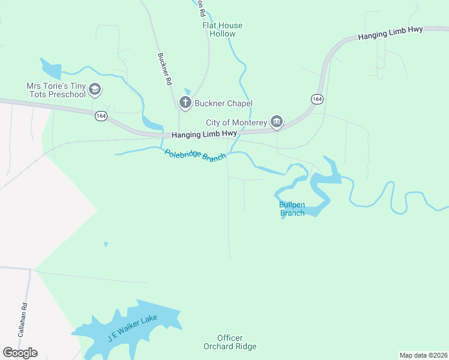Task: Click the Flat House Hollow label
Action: click(x=222, y=29)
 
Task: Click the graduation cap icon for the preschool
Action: click(x=94, y=90)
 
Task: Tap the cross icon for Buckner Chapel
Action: click(x=185, y=103)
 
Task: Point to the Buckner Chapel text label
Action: click(x=223, y=103)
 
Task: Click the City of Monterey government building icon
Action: click(x=276, y=122)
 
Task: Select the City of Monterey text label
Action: click(x=237, y=122)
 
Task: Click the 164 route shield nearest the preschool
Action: click(x=101, y=116)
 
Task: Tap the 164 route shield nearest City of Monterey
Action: click(x=317, y=98)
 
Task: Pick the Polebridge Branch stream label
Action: click(x=195, y=155)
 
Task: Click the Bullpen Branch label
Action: click(x=292, y=209)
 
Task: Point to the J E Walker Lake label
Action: click(x=132, y=327)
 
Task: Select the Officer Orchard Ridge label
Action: click(x=230, y=342)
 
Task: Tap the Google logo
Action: click(x=20, y=352)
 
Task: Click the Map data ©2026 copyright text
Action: click(x=423, y=355)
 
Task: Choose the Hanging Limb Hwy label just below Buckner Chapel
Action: click(x=204, y=134)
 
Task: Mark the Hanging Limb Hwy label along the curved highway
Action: click(x=390, y=33)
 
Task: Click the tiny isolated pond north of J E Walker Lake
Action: click(x=106, y=244)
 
